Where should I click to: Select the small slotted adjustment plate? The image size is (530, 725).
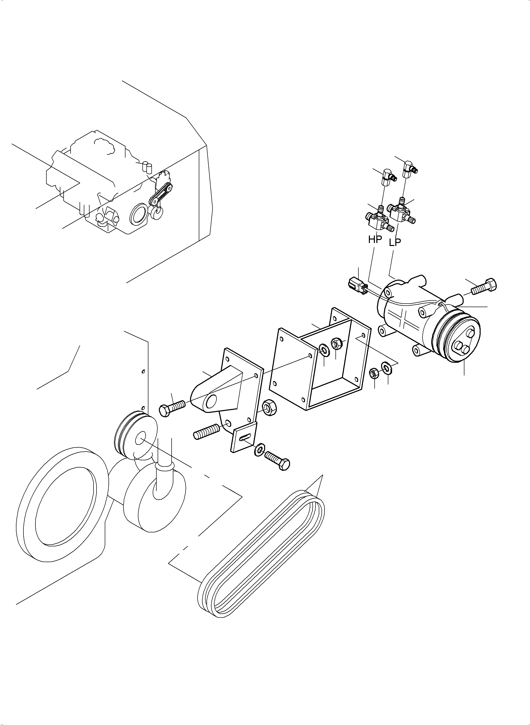pyautogui.click(x=244, y=437)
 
